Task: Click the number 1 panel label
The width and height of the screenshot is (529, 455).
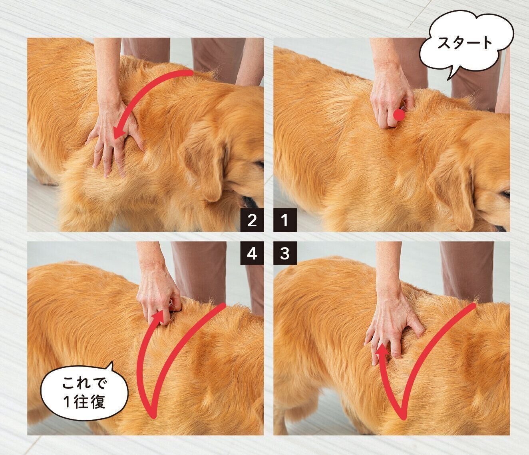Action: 284,220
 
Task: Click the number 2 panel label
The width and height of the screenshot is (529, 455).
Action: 252,220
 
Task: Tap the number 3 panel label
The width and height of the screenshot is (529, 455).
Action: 284,253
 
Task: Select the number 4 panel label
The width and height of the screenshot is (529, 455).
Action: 252,253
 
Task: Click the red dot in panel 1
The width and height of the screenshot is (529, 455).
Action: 399,116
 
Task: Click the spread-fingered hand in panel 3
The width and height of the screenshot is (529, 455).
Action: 388,324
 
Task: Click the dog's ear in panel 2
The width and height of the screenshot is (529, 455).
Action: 208,168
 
